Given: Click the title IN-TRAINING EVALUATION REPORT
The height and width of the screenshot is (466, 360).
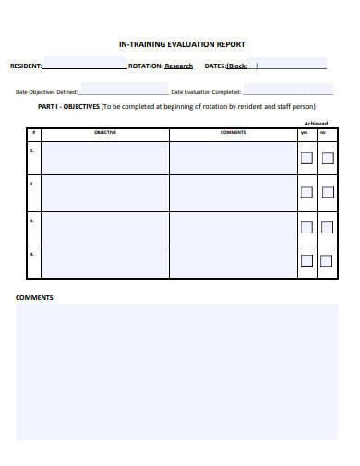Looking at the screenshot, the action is (182, 44).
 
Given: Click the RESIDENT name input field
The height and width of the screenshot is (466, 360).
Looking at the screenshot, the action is (85, 66).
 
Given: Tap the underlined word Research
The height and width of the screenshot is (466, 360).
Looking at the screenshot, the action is (179, 66).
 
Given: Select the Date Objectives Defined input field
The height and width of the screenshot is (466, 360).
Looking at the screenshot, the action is (124, 90).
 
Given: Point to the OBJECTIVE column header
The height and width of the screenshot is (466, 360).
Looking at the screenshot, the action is (105, 133).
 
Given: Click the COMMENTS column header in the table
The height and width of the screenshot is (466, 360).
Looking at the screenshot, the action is (233, 133).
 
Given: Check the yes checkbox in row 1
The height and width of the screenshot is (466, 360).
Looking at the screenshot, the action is (306, 158).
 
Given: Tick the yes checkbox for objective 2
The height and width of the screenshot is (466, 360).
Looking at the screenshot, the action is (306, 193).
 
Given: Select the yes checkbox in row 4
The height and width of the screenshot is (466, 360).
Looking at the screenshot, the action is (306, 261).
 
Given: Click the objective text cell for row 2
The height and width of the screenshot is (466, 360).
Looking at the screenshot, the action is (105, 193).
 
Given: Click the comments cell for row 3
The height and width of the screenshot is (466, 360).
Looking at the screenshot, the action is (233, 227).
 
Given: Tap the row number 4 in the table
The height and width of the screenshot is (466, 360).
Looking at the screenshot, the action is (32, 253).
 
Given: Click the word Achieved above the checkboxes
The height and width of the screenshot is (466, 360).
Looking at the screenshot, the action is (316, 123).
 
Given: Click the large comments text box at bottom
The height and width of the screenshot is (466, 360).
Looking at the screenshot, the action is (176, 371).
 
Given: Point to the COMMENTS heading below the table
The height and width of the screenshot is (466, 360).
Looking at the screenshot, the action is (34, 297).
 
